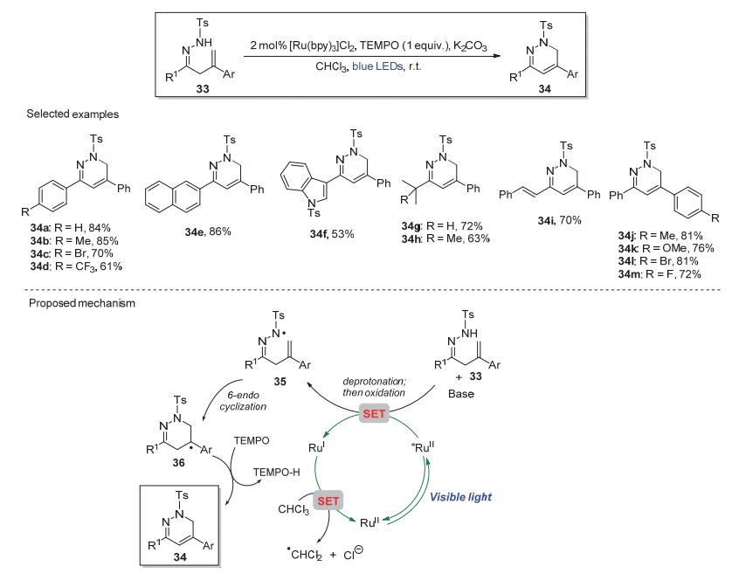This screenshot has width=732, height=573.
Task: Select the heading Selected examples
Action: coord(60,114)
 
